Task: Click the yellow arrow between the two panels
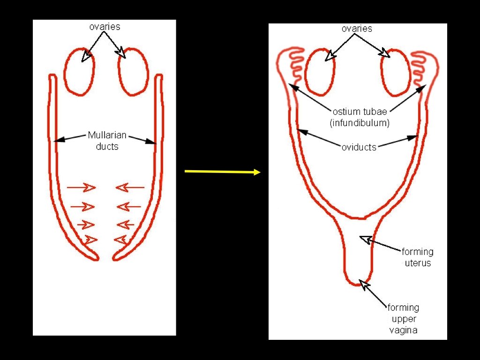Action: pyautogui.click(x=222, y=172)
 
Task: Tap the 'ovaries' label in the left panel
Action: pyautogui.click(x=105, y=27)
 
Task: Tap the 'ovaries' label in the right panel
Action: pyautogui.click(x=357, y=29)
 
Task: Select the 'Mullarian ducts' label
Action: pyautogui.click(x=107, y=141)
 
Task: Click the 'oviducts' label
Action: pyautogui.click(x=359, y=147)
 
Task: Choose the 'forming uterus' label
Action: pyautogui.click(x=417, y=257)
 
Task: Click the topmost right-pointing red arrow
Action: pyautogui.click(x=81, y=188)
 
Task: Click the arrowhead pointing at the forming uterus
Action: pyautogui.click(x=364, y=240)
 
